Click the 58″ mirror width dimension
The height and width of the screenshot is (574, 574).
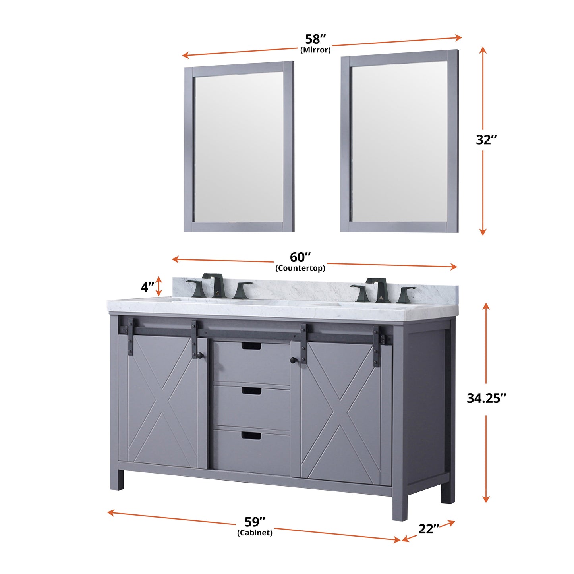click(x=315, y=39)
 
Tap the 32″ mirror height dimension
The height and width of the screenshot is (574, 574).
click(x=486, y=140)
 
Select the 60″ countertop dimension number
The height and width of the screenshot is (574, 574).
click(x=300, y=257)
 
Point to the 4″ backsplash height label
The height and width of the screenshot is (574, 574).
click(x=147, y=287)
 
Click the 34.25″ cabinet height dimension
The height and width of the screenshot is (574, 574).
click(x=486, y=398)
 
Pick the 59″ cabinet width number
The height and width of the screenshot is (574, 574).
click(x=255, y=522)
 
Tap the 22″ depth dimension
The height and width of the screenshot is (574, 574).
click(x=429, y=529)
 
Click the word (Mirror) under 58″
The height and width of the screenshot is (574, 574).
click(x=315, y=50)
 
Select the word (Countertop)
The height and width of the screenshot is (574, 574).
click(x=300, y=268)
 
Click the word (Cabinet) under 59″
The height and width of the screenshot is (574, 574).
click(x=255, y=533)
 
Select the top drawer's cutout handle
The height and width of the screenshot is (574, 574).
click(x=251, y=346)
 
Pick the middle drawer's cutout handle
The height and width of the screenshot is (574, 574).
click(x=251, y=391)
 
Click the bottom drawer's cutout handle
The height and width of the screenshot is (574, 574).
click(x=251, y=436)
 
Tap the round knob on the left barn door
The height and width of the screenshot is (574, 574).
click(x=201, y=355)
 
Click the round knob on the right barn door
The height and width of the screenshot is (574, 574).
click(x=293, y=360)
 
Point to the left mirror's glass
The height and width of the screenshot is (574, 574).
click(x=239, y=147)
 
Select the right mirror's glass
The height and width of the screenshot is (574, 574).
click(x=399, y=142)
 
